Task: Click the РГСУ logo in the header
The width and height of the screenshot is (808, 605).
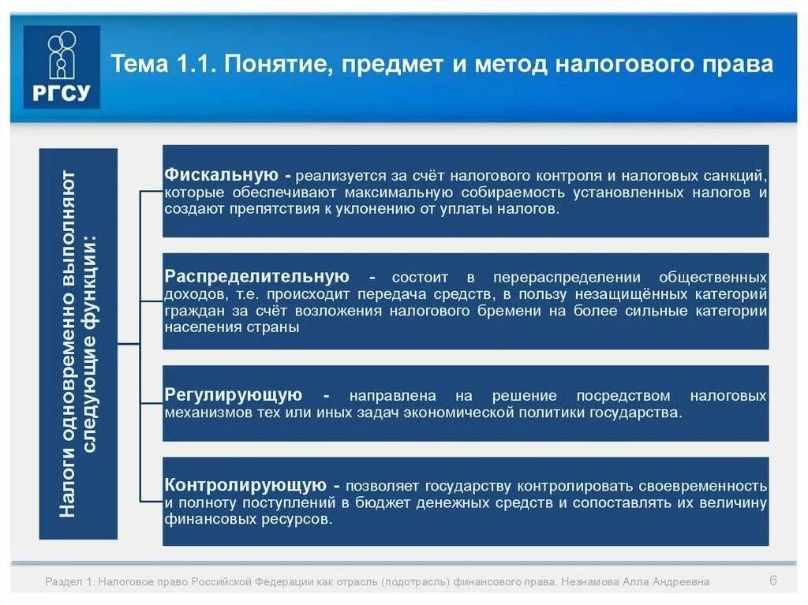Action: tap(62, 66)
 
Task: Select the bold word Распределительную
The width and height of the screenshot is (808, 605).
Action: tap(256, 277)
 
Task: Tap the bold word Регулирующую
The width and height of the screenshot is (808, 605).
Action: tap(234, 395)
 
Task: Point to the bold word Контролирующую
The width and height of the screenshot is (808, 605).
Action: tap(245, 485)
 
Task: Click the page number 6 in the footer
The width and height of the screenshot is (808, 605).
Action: tap(773, 581)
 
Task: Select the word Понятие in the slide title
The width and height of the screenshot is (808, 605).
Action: tap(265, 63)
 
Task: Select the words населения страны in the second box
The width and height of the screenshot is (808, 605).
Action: tap(232, 327)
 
